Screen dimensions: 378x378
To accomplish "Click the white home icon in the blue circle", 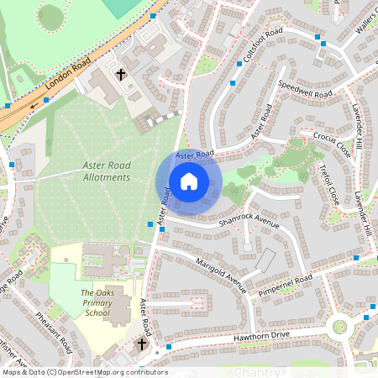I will tap(188, 181).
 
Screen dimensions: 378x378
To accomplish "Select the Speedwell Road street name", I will tap(305, 89).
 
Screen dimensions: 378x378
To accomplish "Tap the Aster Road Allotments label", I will tap(107, 172).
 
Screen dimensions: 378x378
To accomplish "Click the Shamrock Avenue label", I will tap(249, 220).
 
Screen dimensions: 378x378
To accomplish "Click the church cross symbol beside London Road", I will tap(120, 75).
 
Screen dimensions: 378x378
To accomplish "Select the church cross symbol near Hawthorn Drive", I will tap(142, 344).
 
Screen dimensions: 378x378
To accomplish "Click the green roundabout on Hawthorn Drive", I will tap(339, 327).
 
